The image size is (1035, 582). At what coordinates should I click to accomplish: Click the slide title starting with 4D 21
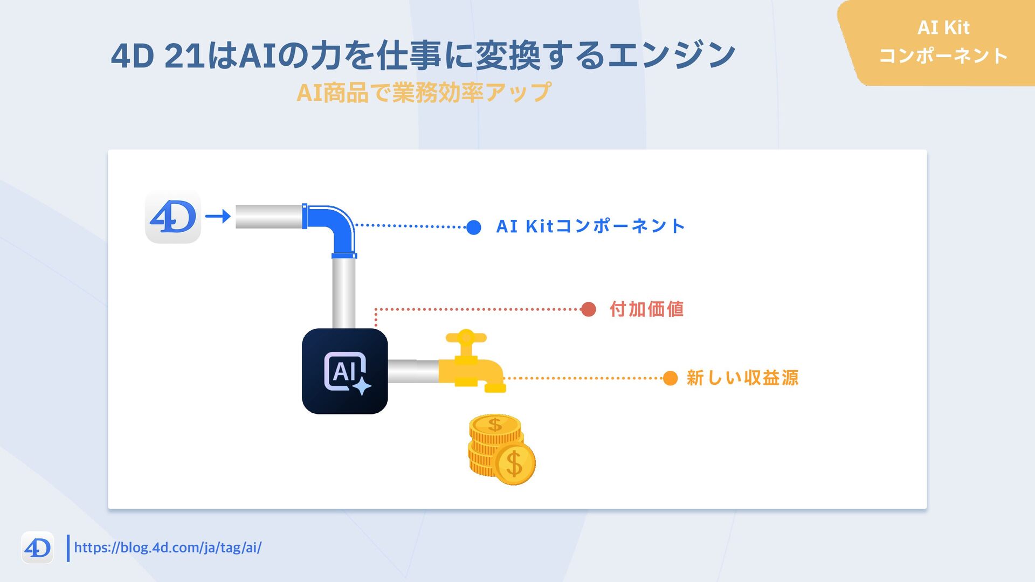[423, 55]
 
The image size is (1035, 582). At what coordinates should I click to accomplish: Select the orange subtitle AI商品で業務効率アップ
[424, 93]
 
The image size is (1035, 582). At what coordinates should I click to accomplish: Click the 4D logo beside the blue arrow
[173, 217]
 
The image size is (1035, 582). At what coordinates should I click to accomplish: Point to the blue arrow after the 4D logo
[218, 217]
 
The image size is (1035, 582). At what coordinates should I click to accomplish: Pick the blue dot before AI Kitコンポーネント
[474, 227]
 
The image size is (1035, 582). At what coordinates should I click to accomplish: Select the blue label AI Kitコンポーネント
[590, 226]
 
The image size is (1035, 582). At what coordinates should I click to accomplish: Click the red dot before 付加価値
[589, 309]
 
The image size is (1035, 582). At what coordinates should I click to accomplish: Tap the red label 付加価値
[647, 309]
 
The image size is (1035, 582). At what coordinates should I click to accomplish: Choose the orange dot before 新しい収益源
[670, 378]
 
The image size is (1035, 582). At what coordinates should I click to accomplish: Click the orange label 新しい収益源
[742, 378]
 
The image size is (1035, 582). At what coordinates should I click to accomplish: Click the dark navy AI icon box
[345, 371]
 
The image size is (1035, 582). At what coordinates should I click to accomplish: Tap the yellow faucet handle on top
[466, 338]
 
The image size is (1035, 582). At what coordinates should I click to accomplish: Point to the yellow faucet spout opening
[495, 388]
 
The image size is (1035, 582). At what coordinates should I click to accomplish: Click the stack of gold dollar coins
[501, 449]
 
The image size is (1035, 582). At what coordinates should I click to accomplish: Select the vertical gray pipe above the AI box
[343, 293]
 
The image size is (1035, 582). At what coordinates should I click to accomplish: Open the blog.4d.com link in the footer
[168, 548]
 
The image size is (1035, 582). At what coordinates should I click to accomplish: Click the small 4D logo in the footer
[38, 548]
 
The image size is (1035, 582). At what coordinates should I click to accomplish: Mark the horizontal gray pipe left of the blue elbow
[268, 217]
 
